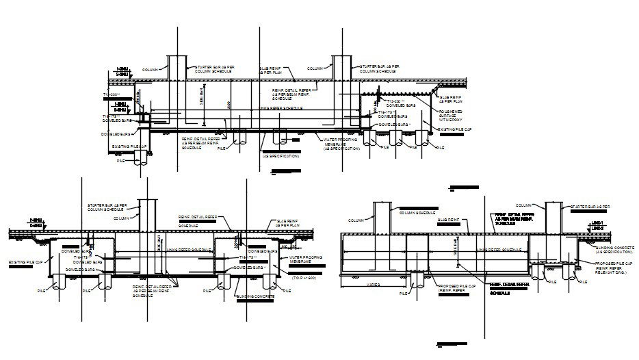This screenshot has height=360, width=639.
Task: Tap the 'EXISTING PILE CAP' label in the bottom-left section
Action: click(26, 262)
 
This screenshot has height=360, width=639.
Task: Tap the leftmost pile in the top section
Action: click(141, 157)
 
